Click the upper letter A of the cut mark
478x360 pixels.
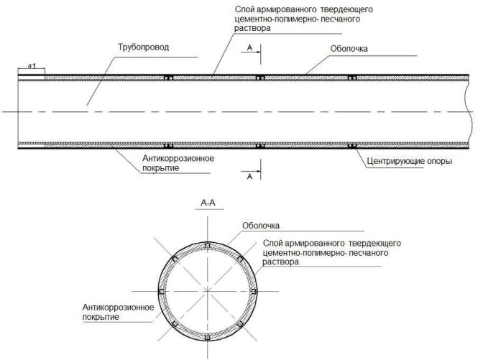point(249,48)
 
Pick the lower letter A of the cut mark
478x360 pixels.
point(249,175)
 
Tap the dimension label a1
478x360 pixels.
point(31,65)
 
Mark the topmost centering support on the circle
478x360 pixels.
point(206,246)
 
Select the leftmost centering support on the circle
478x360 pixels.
point(161,291)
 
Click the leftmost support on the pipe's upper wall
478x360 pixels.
point(169,77)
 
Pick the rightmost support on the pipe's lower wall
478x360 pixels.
point(351,147)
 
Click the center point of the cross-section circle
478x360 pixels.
point(206,291)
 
